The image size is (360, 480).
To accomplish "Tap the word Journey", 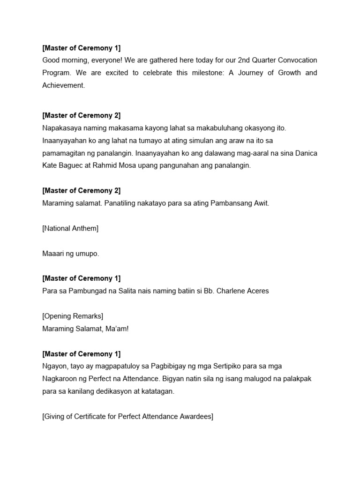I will pyautogui.click(x=251, y=73).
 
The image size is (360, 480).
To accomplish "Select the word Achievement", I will pyautogui.click(x=64, y=86).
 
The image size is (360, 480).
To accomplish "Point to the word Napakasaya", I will pyautogui.click(x=62, y=128).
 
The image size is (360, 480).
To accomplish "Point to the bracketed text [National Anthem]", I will pyautogui.click(x=70, y=228).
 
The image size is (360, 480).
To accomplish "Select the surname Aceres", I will pyautogui.click(x=256, y=291).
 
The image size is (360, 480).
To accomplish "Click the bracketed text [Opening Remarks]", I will pyautogui.click(x=73, y=316).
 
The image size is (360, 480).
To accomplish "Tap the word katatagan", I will pyautogui.click(x=156, y=391).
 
